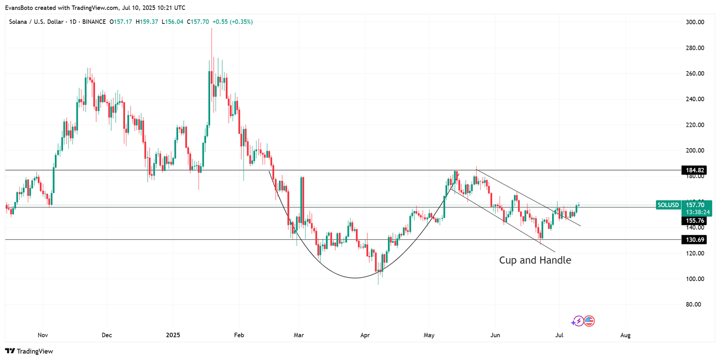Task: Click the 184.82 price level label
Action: [x=695, y=170]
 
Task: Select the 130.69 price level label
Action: [x=695, y=240]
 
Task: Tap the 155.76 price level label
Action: [x=695, y=221]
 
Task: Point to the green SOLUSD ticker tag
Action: [x=668, y=205]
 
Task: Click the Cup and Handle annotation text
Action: [x=535, y=260]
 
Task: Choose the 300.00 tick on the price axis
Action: [x=695, y=22]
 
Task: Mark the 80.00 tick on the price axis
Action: [x=693, y=305]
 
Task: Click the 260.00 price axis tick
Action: [x=695, y=73]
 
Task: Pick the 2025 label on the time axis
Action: [x=173, y=335]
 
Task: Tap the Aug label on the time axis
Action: [x=625, y=335]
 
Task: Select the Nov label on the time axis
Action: [x=43, y=335]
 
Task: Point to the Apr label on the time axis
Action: [x=365, y=335]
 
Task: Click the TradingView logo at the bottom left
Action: [x=29, y=351]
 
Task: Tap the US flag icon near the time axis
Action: [x=589, y=321]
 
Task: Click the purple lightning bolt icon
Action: [x=578, y=321]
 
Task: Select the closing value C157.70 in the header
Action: [x=198, y=22]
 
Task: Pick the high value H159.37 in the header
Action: [x=147, y=22]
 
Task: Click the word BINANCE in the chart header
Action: [x=94, y=22]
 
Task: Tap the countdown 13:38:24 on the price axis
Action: [x=698, y=212]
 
